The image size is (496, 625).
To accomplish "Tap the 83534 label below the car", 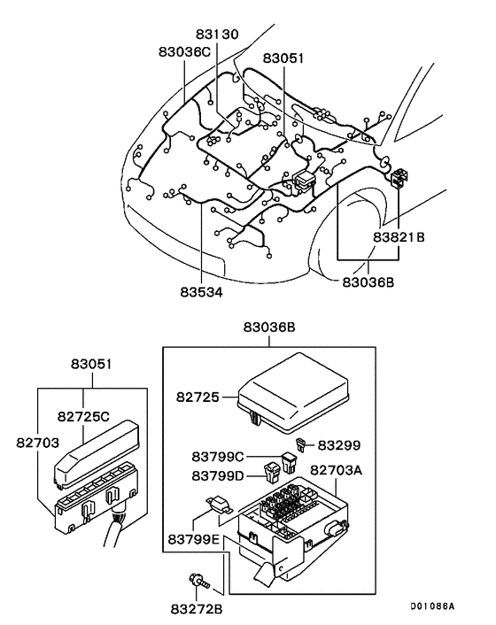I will point(201,290).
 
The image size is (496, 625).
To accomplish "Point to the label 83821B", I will point(399,237).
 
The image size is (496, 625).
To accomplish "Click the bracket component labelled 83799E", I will point(221,505).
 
